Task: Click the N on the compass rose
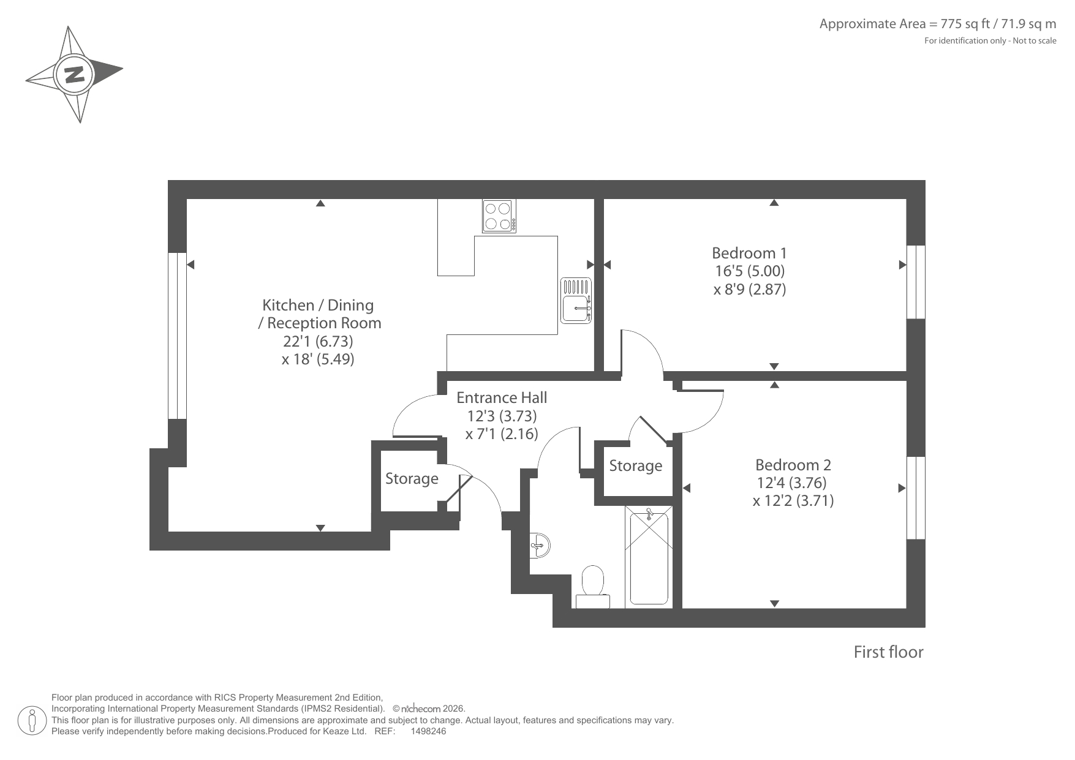(74, 74)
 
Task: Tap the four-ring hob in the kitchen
(499, 216)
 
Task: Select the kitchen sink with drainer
(576, 300)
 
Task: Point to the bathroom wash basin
(540, 544)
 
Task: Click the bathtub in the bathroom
(649, 557)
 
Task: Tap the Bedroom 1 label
(749, 253)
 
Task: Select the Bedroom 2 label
(793, 465)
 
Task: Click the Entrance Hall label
(502, 397)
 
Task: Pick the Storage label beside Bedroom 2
(636, 466)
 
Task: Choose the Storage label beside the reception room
(412, 478)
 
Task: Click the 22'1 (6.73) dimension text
(318, 340)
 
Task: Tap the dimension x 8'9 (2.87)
(750, 289)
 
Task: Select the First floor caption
(888, 652)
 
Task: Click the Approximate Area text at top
(938, 24)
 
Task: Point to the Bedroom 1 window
(916, 282)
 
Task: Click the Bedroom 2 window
(916, 498)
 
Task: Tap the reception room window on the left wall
(177, 336)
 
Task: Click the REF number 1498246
(428, 731)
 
